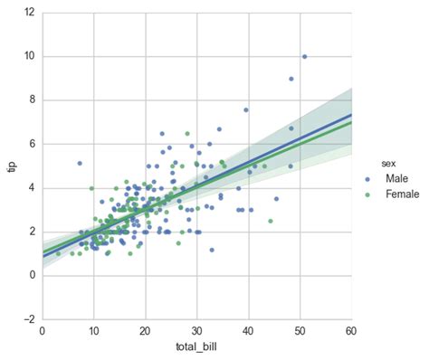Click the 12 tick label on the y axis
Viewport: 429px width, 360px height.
coord(30,13)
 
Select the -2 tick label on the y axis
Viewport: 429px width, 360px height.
coord(29,319)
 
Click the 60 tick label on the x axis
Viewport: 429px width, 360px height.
coord(349,331)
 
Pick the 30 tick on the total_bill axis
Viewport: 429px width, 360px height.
coord(196,331)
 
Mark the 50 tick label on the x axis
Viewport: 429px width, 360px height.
coord(299,331)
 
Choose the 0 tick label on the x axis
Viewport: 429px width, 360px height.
coord(43,331)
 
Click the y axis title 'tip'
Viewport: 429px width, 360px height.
coord(10,166)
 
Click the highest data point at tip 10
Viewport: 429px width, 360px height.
coord(304,56)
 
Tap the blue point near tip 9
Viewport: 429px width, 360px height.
coord(291,79)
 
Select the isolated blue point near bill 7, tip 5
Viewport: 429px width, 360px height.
coord(80,164)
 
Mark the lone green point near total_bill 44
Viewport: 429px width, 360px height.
coord(270,221)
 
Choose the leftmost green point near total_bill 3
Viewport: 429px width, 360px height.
coord(59,253)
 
